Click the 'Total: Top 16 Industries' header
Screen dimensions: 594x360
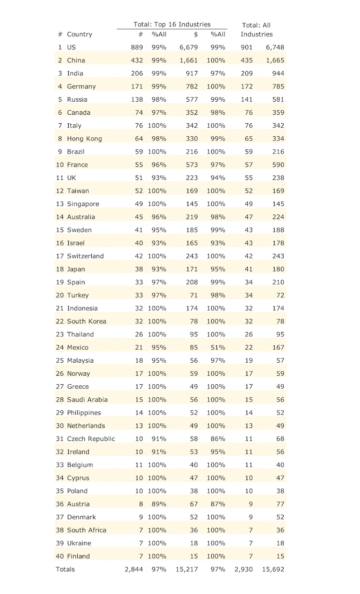click(172, 24)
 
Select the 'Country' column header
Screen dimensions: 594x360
click(79, 35)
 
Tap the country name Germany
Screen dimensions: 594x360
click(81, 86)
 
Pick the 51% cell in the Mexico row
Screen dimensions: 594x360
click(217, 347)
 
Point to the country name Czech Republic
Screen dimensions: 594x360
click(91, 439)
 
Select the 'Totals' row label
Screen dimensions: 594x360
click(65, 570)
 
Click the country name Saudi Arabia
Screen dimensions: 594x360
click(87, 400)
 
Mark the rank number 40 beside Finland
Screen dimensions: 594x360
click(60, 556)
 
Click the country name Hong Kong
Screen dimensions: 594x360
click(84, 139)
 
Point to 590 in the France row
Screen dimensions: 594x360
click(277, 165)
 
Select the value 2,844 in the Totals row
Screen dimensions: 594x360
click(134, 570)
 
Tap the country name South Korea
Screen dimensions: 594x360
click(86, 321)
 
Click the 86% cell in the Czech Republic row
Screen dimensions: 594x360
click(217, 439)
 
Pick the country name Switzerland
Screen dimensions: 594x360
click(85, 256)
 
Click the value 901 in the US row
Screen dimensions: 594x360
click(247, 48)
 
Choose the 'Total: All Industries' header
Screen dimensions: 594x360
click(256, 30)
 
